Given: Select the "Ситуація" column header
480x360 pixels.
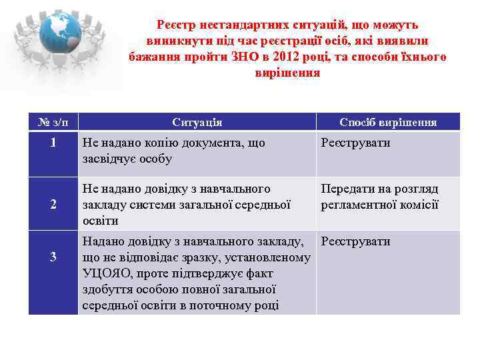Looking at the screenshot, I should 197,122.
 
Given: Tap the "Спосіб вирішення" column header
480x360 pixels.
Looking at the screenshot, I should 388,122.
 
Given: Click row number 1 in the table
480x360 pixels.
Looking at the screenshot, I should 53,143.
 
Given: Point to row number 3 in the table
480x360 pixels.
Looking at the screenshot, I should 53,257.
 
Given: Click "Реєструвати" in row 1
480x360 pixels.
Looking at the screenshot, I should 356,143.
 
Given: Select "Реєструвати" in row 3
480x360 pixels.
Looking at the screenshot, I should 356,241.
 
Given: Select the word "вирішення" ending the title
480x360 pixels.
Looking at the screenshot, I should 287,73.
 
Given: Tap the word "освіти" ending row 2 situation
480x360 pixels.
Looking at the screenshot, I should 100,221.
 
